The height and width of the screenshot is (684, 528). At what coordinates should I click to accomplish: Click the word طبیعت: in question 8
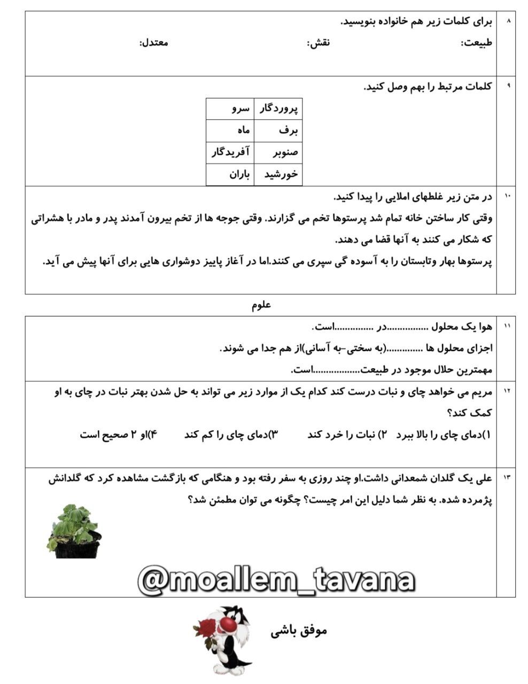click(476, 43)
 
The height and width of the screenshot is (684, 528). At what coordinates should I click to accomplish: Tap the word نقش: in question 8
click(319, 43)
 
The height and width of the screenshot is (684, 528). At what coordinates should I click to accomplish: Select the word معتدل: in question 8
click(154, 42)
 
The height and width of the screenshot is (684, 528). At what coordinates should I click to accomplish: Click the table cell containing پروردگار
click(278, 109)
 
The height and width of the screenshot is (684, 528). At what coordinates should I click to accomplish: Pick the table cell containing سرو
click(230, 109)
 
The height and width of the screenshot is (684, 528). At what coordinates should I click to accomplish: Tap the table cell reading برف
click(278, 131)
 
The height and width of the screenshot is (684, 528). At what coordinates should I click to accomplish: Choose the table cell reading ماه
click(230, 131)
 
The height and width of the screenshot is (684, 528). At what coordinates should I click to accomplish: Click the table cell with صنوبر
click(278, 153)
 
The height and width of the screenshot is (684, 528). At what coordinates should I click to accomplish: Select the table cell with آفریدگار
click(230, 153)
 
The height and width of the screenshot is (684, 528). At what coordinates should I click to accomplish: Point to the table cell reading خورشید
click(278, 175)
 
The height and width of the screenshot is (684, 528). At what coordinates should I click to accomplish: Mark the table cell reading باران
click(230, 175)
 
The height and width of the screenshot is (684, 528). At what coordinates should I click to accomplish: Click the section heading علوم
click(261, 305)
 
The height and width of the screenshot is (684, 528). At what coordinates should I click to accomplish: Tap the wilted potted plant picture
click(74, 532)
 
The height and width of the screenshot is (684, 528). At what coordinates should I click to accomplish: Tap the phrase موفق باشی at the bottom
click(299, 631)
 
